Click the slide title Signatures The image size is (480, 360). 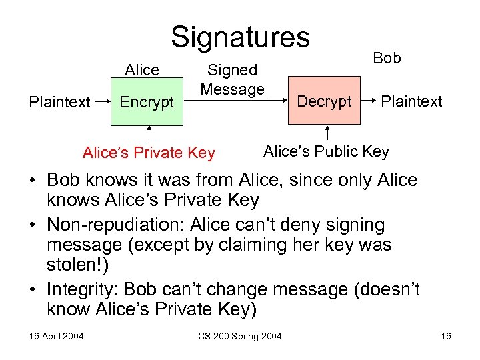point(240,37)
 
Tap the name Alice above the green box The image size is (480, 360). point(142,70)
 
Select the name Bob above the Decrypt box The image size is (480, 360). point(387,58)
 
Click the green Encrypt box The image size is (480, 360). point(147,102)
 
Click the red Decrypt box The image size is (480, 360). point(324,101)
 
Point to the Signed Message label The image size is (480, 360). point(233,79)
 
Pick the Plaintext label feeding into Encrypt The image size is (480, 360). point(59,102)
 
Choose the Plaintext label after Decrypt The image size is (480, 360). point(411,101)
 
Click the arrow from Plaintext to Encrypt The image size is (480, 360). point(101,103)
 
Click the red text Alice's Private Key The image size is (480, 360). point(149,153)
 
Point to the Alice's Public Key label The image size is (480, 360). point(326,151)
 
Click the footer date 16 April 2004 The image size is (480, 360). point(56,335)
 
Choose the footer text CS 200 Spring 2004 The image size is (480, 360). point(241,335)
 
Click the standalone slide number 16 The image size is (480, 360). point(445,335)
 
